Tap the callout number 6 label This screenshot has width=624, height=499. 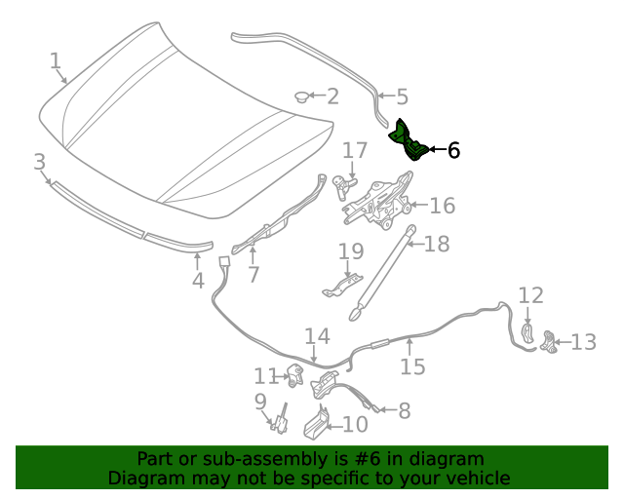pos(452,150)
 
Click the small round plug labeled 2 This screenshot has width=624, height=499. pos(303,96)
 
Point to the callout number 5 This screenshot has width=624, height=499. pos(401,96)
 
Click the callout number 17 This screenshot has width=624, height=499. pos(355,150)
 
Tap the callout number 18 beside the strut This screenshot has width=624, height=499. pos(437,243)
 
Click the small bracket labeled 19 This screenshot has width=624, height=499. pos(337,287)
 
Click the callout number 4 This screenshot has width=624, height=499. pos(198,281)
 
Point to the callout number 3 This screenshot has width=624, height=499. pos(39,161)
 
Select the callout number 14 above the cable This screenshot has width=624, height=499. pos(317,337)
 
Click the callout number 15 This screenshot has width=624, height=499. pos(412,366)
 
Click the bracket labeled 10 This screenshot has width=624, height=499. pos(317,423)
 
